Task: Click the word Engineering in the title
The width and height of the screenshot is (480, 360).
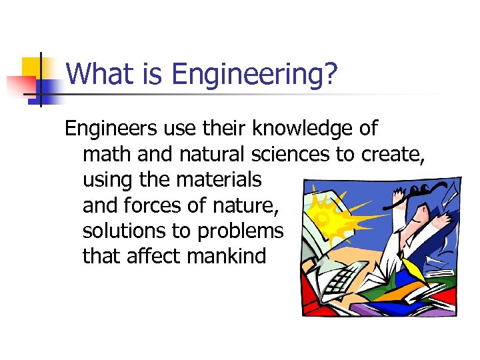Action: pos(247,75)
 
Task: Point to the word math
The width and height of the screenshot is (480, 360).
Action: pos(107,154)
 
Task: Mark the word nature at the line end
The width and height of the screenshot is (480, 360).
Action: pos(246,205)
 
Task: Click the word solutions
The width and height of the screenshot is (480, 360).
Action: pos(121,231)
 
